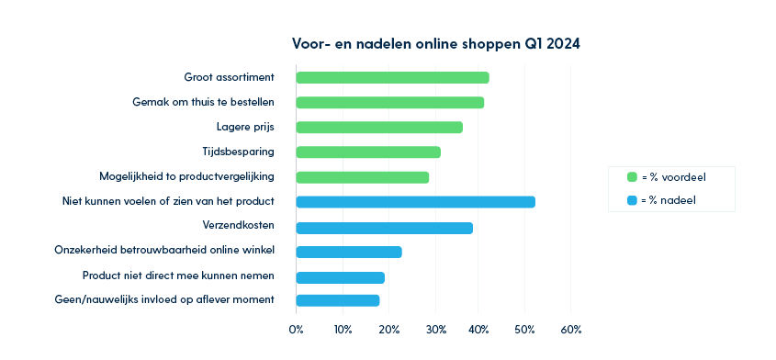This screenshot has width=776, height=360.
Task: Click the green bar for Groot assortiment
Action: click(x=392, y=77)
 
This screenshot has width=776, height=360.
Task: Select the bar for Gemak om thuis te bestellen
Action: click(x=389, y=102)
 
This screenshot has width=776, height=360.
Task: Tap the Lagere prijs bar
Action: click(x=379, y=127)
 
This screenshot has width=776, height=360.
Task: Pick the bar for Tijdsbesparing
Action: click(x=368, y=152)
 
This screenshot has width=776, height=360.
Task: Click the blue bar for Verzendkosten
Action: click(x=384, y=228)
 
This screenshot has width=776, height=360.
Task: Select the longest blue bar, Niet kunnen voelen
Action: click(x=415, y=202)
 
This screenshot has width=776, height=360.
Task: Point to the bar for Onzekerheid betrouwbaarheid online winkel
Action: click(x=349, y=252)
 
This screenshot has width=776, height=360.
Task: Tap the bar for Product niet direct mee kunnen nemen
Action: click(x=340, y=277)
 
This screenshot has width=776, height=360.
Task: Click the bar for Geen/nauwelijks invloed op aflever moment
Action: click(x=337, y=300)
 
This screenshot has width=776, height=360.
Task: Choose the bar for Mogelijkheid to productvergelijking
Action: click(x=362, y=177)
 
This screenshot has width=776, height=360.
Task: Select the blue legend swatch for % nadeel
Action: click(x=632, y=199)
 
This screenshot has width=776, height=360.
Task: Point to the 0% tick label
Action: click(x=297, y=329)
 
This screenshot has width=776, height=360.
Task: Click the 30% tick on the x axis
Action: click(x=434, y=329)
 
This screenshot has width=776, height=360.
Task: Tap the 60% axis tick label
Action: click(x=570, y=329)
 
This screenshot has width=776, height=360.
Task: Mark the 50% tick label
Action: click(x=524, y=329)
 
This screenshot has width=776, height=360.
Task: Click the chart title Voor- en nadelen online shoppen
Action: click(x=435, y=43)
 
